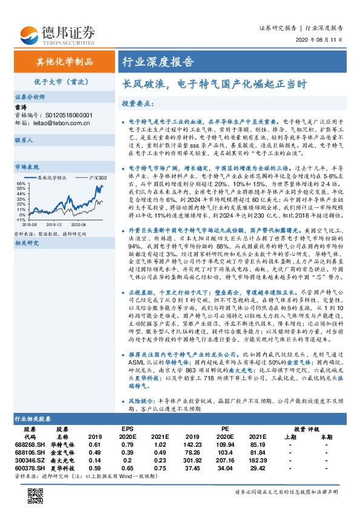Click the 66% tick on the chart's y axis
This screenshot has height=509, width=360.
(21, 183)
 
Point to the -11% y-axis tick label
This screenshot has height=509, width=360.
(20, 221)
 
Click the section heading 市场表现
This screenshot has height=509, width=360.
(27, 166)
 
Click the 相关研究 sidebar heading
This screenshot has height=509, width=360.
(27, 243)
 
